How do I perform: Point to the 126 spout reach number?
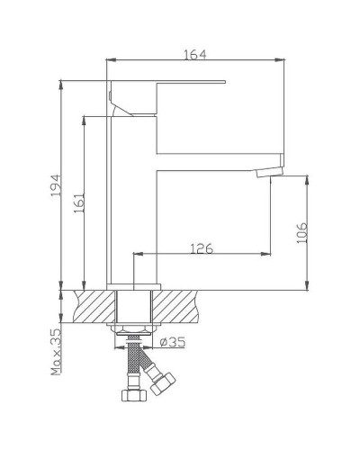202,247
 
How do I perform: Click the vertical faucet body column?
132,207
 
